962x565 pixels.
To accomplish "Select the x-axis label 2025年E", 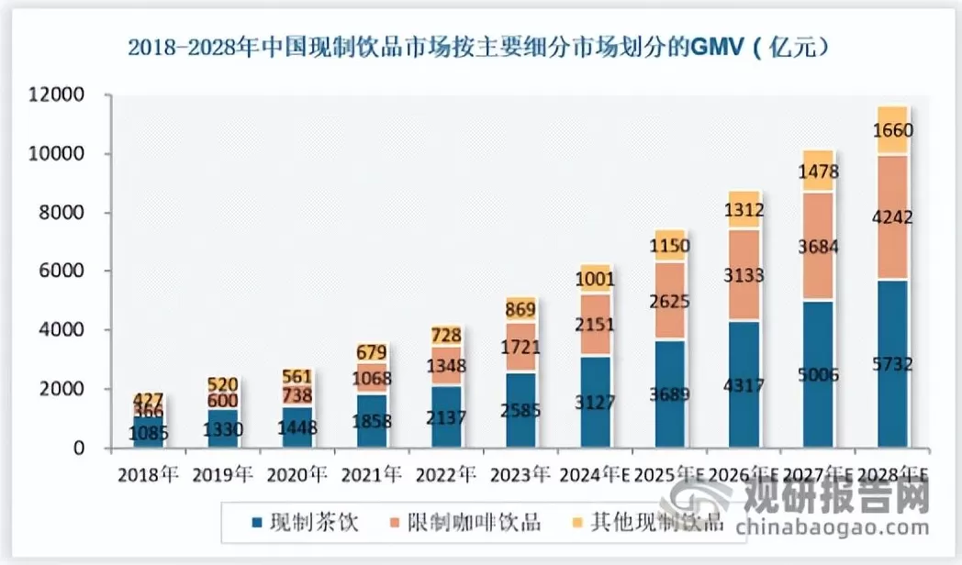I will pos(668,474).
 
